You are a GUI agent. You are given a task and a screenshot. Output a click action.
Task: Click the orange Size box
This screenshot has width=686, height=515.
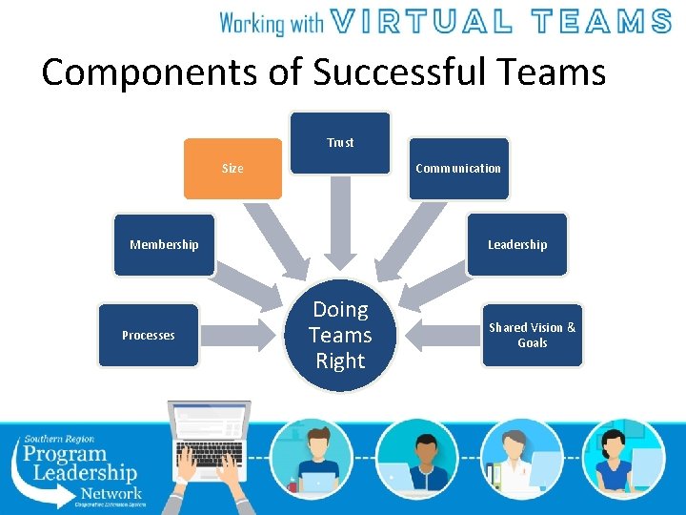point(232,168)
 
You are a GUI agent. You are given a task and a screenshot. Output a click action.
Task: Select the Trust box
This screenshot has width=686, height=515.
point(340,143)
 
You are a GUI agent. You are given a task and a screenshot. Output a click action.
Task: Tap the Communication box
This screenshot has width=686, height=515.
point(458,169)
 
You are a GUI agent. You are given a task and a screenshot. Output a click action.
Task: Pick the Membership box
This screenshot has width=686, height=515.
point(164,245)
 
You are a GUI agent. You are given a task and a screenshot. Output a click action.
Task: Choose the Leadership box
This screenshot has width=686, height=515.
point(517,245)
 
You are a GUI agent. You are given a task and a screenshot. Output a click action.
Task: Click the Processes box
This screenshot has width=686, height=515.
point(149,335)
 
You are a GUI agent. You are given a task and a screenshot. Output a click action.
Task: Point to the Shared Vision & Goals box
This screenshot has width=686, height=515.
point(532,335)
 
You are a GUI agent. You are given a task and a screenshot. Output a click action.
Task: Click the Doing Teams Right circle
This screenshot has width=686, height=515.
point(340,335)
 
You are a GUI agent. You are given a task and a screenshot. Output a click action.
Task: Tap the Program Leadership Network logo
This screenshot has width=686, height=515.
point(81,467)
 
